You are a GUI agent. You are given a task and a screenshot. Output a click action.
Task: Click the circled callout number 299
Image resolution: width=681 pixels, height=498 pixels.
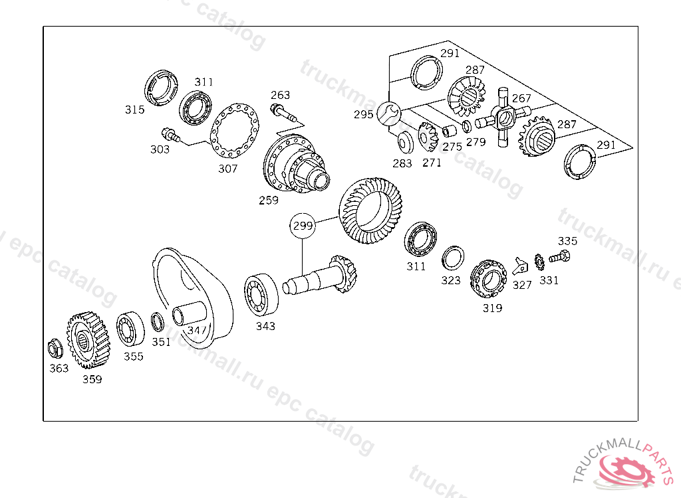303,226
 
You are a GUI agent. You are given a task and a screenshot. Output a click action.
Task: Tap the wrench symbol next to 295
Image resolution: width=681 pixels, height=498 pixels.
388,114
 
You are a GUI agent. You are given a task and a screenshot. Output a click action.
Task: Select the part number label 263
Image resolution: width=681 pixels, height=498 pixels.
280,96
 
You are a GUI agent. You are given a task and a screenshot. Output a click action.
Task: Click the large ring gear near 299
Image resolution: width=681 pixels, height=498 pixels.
367,210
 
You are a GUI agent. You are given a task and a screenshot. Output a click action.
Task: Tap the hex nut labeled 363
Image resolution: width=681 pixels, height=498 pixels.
55,347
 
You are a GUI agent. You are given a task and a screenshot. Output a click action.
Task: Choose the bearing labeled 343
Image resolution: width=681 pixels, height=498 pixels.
261,294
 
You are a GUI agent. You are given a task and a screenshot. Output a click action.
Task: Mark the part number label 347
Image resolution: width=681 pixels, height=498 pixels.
197,330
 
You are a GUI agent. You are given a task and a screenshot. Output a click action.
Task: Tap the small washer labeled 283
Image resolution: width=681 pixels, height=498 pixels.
403,143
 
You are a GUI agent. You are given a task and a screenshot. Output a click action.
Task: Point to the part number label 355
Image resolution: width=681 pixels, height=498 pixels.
134,357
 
